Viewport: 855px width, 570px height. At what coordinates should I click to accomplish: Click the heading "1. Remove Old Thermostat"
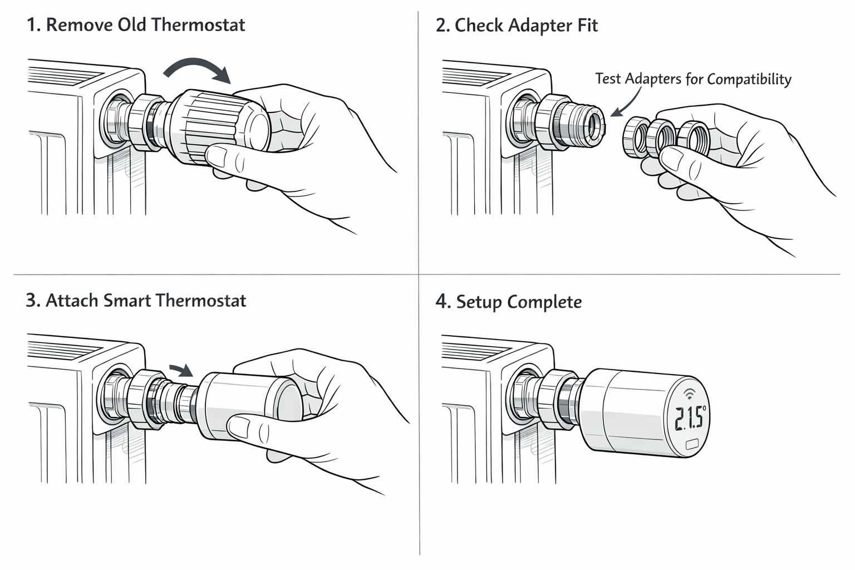[x=136, y=25]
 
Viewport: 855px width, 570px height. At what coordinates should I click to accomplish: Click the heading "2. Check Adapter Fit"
[x=517, y=26]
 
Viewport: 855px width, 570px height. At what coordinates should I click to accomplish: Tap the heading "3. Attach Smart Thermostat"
[x=136, y=301]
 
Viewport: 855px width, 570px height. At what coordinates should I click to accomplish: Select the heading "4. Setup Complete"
[x=509, y=302]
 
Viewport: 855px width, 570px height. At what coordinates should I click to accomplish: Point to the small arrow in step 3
[x=181, y=370]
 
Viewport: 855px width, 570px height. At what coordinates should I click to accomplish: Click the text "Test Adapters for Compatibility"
[x=693, y=78]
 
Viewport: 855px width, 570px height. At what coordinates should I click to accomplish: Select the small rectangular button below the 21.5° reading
[x=693, y=444]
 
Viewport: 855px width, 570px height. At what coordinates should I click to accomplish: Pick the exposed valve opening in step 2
[x=596, y=124]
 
